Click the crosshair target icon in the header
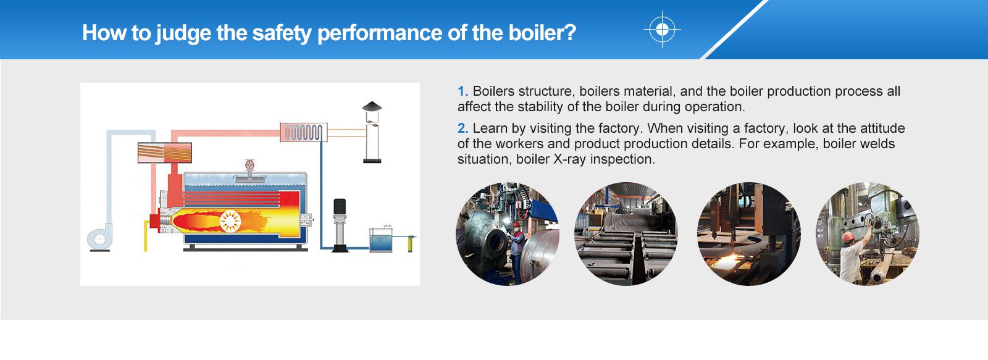click(x=662, y=30)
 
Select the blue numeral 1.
click(x=462, y=91)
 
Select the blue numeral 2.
click(x=463, y=128)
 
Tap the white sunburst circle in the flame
click(x=230, y=220)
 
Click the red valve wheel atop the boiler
click(x=250, y=165)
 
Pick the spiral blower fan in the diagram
click(x=99, y=239)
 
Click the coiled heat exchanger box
click(x=303, y=132)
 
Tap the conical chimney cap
click(x=372, y=106)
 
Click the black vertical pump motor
click(x=340, y=211)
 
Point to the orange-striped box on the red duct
click(x=164, y=153)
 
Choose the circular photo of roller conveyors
click(x=626, y=234)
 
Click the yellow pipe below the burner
click(x=146, y=236)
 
